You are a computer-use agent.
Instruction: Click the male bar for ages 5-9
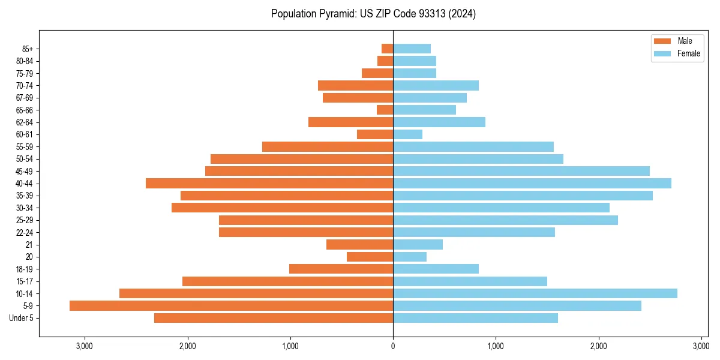coord(231,305)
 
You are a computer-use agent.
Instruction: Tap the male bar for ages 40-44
coord(269,183)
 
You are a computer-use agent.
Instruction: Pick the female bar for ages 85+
coord(412,49)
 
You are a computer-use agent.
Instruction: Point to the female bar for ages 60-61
coord(407,134)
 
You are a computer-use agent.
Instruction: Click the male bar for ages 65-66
coord(385,110)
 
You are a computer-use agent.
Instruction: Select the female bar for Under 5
coord(475,318)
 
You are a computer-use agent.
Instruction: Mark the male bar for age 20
coord(370,257)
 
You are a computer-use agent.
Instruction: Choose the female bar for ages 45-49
coord(521,171)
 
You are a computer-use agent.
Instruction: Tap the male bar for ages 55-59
coord(328,146)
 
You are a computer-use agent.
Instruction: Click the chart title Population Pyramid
coord(373,14)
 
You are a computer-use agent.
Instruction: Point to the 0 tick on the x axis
coord(393,346)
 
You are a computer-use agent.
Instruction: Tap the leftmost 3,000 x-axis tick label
coord(85,346)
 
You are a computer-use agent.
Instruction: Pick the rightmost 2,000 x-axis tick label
coord(598,346)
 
